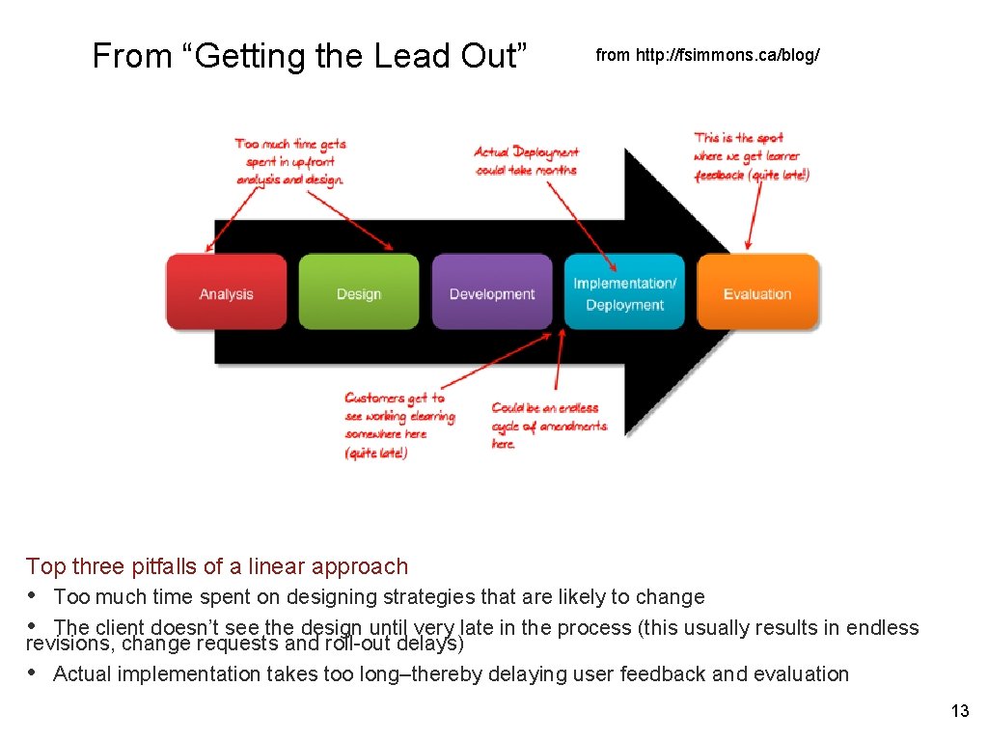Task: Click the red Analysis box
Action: pos(227,292)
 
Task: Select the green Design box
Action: pos(359,292)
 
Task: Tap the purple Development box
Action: pos(492,292)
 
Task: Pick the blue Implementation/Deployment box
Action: pos(624,292)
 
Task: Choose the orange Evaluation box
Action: pos(757,292)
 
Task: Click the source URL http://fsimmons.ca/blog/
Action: pos(708,55)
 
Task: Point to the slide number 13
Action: pos(959,711)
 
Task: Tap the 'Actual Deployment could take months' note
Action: pos(526,161)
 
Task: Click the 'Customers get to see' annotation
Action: pos(398,425)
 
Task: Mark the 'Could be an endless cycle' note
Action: pos(548,425)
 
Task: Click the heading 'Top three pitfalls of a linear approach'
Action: pos(217,566)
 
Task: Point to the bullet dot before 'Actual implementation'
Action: pos(33,673)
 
